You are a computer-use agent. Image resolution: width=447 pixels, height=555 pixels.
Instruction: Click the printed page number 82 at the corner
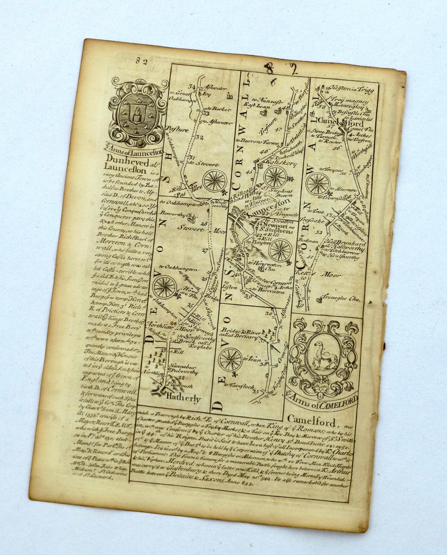[141, 62]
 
